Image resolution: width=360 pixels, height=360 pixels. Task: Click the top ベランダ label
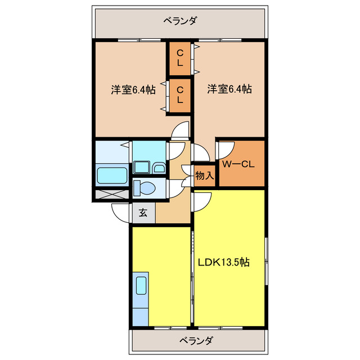[x=180, y=21]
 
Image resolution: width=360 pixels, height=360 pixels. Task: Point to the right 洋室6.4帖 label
[x=229, y=89]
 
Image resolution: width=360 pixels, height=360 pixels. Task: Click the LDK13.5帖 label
[x=223, y=262]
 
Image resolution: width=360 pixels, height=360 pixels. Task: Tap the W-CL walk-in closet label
[x=239, y=165]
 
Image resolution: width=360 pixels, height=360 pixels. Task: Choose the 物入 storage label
[x=204, y=175]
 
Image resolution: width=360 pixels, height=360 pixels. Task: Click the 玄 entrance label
[x=143, y=213]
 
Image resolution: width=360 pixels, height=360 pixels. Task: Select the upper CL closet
[x=179, y=57]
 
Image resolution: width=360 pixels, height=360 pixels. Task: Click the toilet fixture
[x=143, y=188]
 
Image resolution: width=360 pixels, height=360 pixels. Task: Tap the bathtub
[x=112, y=175]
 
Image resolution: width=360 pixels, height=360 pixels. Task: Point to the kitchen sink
[x=141, y=286]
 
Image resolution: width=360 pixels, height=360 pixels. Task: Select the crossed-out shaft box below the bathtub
[x=112, y=195]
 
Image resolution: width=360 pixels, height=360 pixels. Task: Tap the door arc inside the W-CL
[x=226, y=148]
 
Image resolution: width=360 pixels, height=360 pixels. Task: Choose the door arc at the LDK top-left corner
[x=201, y=199]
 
